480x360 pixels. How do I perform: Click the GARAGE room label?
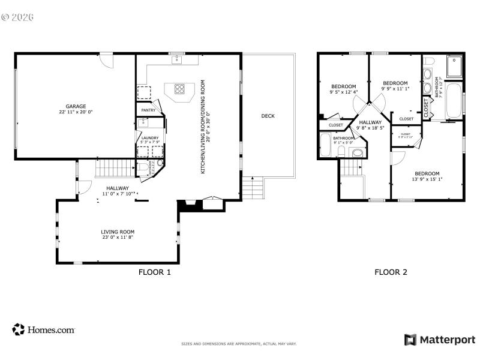point(76,106)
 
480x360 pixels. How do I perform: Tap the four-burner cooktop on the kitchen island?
point(179,89)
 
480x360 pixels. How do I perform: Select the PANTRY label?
point(148,110)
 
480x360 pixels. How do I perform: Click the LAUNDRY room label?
point(149,138)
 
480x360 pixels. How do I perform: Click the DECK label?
point(268,116)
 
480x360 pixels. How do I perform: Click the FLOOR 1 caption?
point(155,272)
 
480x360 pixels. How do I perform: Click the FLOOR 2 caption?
point(391,272)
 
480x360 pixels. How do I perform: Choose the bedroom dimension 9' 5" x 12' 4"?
point(343,92)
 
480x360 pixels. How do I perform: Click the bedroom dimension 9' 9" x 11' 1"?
point(395,89)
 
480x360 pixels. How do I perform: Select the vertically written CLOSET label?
point(427,108)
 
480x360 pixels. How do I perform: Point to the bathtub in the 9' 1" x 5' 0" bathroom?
point(326,145)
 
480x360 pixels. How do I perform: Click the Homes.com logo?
point(43,329)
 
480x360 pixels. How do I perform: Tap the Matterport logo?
point(440,340)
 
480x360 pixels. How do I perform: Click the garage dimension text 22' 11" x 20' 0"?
point(76,112)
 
